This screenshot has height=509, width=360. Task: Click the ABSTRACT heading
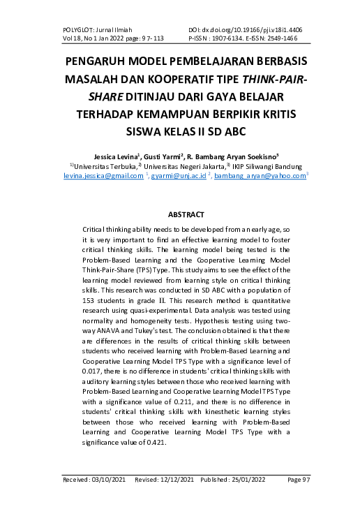(179, 214)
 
